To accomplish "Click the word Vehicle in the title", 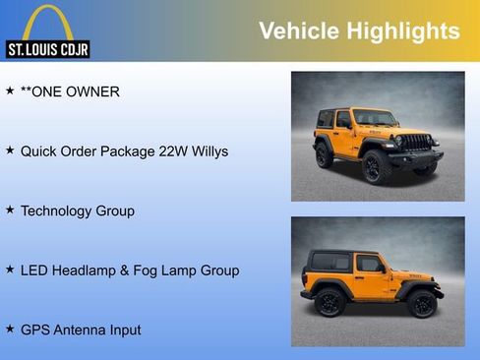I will [x=296, y=31].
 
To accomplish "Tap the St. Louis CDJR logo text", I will [x=48, y=49].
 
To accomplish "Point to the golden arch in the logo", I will [x=47, y=22].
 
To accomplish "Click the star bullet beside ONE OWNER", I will [x=10, y=91].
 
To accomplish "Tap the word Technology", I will [x=57, y=210].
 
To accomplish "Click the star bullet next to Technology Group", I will [x=10, y=210].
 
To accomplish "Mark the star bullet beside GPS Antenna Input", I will [x=10, y=329].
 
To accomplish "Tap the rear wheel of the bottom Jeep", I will [x=327, y=303].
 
